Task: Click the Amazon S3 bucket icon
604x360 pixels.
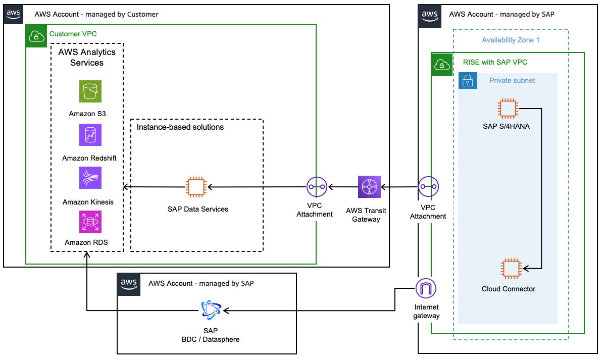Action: [x=90, y=91]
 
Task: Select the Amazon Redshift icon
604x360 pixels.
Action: [x=90, y=135]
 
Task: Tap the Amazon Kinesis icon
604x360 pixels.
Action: [x=90, y=178]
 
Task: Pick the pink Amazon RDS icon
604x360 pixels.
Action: [x=90, y=222]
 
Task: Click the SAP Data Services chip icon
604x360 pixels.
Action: [x=197, y=187]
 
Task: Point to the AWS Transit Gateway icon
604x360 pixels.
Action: [x=369, y=187]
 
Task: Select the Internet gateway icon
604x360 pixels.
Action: [x=426, y=289]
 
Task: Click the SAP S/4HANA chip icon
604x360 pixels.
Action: [x=508, y=109]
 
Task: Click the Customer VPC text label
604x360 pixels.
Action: [x=73, y=34]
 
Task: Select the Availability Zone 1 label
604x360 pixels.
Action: [x=511, y=40]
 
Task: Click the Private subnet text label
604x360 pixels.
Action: [x=512, y=80]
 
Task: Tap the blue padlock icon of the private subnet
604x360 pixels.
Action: [x=468, y=81]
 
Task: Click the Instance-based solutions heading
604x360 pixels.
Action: [x=180, y=127]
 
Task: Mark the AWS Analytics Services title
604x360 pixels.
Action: [x=87, y=58]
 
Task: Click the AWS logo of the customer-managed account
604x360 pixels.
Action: [x=14, y=14]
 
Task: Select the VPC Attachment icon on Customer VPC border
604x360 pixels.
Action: [x=317, y=187]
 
